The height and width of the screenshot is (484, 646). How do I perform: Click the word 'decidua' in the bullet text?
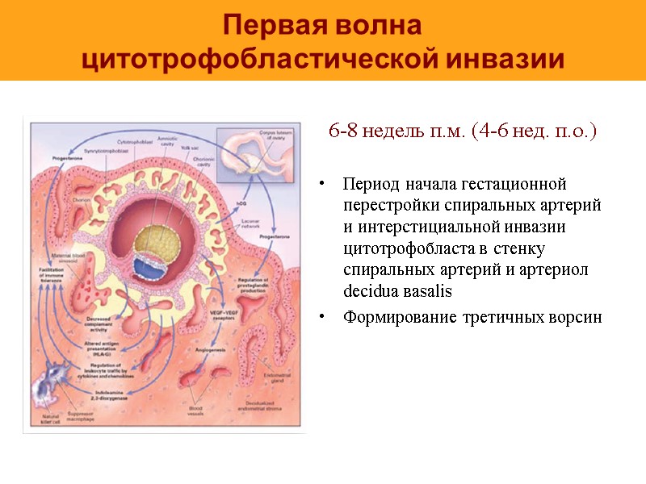click(370, 289)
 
